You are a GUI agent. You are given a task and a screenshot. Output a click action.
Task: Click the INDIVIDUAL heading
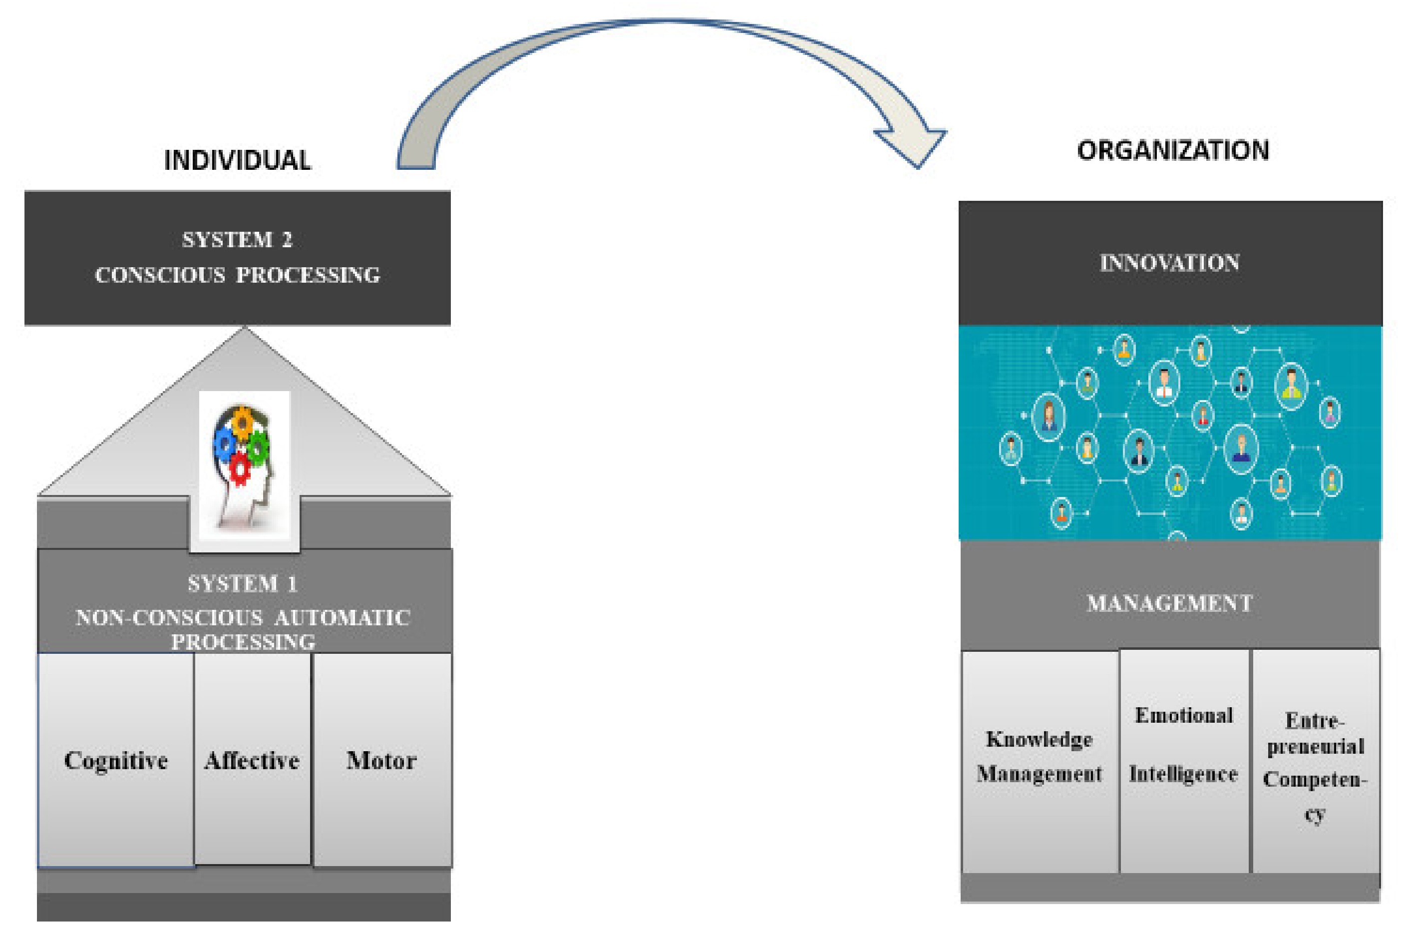tap(238, 160)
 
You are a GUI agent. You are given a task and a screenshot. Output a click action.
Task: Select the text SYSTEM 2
tap(238, 240)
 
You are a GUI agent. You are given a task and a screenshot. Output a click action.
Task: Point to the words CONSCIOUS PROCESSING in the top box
tap(238, 275)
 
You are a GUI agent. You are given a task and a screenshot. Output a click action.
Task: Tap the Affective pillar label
tap(252, 761)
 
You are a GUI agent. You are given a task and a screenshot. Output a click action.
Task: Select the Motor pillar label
tap(381, 761)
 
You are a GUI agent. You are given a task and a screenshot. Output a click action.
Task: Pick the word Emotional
tap(1184, 715)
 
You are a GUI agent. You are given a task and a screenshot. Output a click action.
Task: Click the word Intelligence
tap(1183, 774)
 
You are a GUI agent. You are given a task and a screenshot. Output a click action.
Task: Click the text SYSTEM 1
tap(243, 583)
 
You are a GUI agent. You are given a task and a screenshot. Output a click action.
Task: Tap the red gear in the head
tap(240, 469)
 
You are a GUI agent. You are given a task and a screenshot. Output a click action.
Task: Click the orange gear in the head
tap(243, 422)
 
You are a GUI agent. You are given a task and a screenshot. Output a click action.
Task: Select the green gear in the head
tap(259, 446)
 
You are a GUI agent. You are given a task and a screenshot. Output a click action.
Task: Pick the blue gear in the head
tap(225, 444)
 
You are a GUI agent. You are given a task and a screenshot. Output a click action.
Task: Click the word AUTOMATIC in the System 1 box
tap(342, 617)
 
